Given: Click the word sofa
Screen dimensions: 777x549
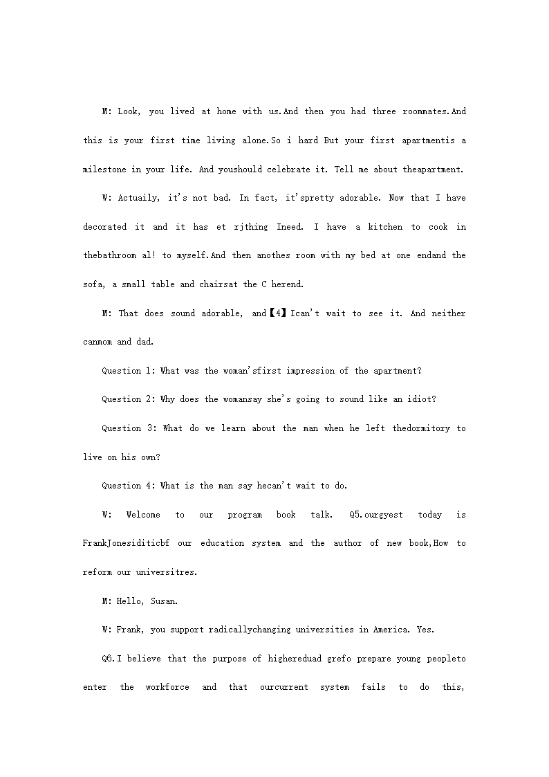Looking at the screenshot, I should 93,284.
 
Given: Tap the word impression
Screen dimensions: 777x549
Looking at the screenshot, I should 308,371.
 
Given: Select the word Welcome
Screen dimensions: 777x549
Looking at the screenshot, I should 143,515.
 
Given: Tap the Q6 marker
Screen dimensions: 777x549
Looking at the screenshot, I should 109,659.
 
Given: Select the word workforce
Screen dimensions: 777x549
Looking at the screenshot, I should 167,687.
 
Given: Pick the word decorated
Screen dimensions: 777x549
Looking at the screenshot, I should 105,227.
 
